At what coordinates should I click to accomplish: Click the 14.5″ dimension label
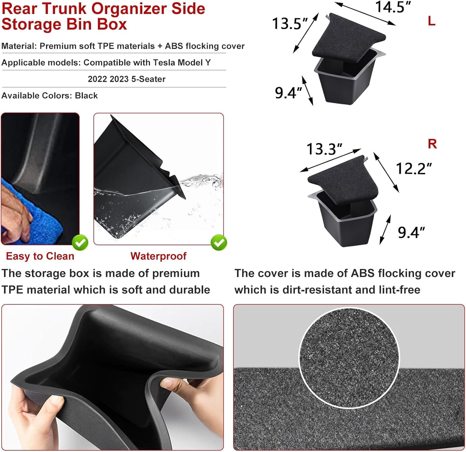[393, 7]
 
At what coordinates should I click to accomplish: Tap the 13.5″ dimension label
[290, 23]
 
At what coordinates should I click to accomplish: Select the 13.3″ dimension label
[324, 149]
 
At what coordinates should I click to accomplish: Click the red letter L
[432, 21]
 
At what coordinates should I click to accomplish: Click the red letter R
[432, 144]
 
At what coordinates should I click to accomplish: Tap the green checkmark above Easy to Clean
[80, 243]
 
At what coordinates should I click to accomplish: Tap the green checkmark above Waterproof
[219, 243]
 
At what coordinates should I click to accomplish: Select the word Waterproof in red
[158, 256]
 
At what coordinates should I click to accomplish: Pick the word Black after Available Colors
[86, 96]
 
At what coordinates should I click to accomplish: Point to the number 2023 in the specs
[119, 79]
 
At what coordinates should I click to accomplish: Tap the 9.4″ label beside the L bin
[288, 93]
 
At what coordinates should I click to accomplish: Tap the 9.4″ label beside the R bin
[411, 232]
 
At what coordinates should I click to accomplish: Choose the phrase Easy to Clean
[40, 256]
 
